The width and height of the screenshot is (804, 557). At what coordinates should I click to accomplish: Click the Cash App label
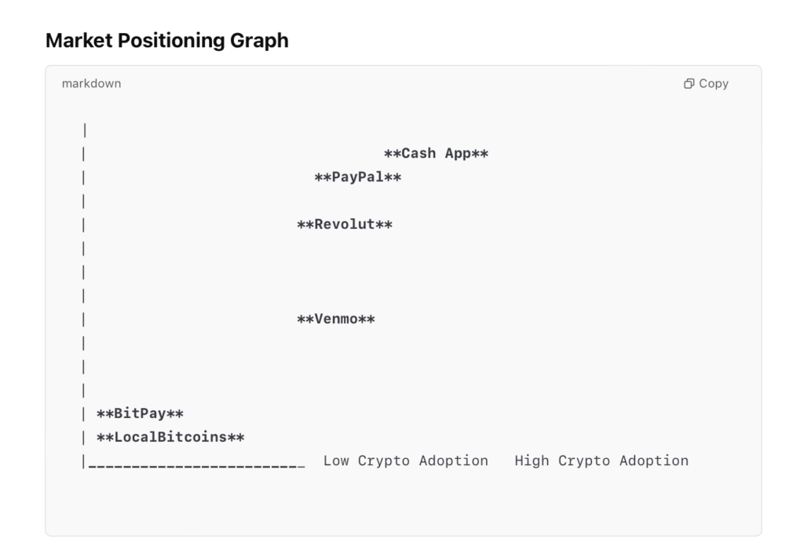[x=436, y=154]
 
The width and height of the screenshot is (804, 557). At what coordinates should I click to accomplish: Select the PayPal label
[x=357, y=177]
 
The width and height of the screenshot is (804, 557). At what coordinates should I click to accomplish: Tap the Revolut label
[x=345, y=225]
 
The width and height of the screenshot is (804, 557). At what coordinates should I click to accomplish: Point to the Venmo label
[x=335, y=319]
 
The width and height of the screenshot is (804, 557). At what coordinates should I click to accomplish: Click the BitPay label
[x=140, y=413]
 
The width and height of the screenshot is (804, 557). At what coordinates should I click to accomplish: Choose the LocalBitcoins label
[x=170, y=437]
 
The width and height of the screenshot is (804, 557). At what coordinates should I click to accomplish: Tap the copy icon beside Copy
[x=689, y=83]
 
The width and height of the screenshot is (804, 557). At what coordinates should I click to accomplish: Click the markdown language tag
[x=91, y=83]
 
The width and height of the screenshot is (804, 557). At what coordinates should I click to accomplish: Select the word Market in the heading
[x=79, y=41]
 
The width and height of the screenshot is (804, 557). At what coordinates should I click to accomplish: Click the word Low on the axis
[x=336, y=461]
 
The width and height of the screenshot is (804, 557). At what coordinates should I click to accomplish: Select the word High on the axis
[x=532, y=461]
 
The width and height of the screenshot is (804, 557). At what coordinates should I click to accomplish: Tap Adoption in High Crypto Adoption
[x=653, y=461]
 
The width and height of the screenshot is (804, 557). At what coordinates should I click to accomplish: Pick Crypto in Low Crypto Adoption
[x=384, y=461]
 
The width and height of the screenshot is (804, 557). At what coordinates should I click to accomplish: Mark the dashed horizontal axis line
[x=196, y=466]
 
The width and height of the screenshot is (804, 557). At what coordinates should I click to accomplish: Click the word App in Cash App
[x=458, y=154]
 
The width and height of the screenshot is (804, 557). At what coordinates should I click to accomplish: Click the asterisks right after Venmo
[x=367, y=319]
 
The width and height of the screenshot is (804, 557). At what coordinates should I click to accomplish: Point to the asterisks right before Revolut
[x=305, y=225]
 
